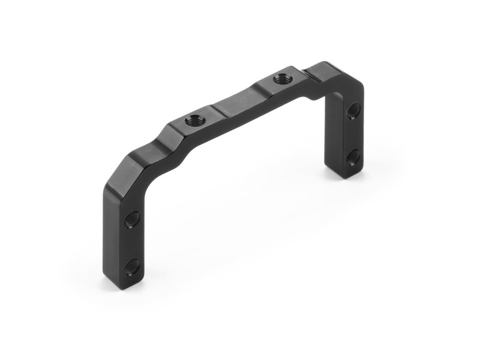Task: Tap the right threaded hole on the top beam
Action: (x=280, y=78)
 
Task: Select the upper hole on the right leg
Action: (x=353, y=110)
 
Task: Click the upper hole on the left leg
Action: (x=132, y=219)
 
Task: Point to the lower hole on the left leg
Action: (x=131, y=266)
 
